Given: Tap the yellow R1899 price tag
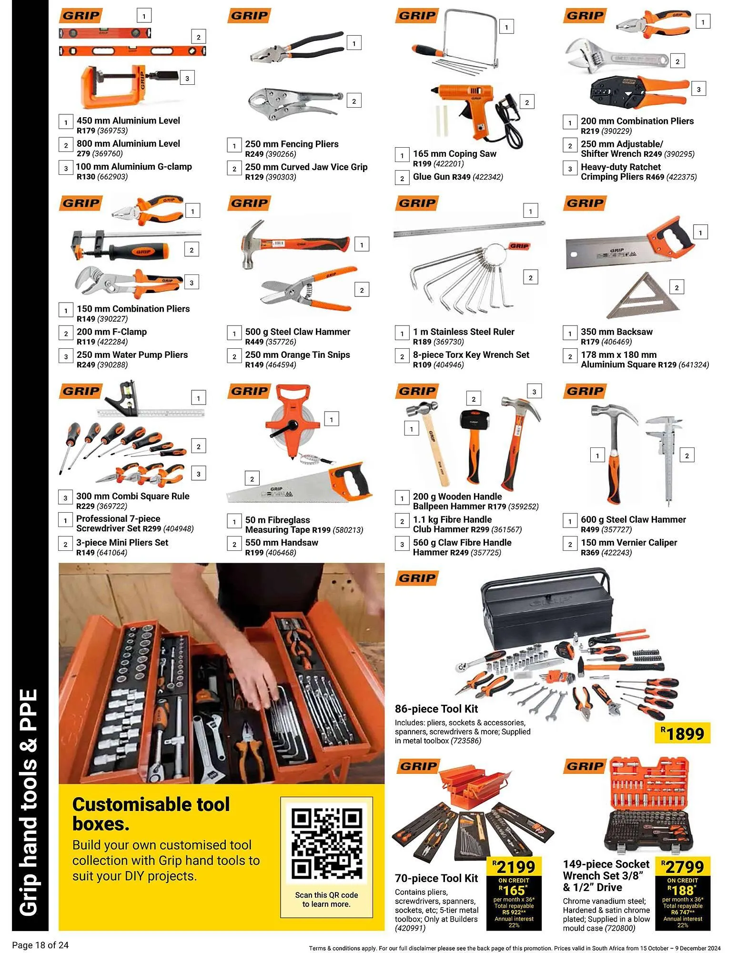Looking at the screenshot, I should pos(682,733).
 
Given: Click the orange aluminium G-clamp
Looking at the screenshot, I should pos(119,86).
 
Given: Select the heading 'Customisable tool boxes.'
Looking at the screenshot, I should pos(151,814).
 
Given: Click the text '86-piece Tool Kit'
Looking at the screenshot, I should pos(436,709).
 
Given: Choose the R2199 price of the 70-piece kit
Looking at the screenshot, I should pos(514,867).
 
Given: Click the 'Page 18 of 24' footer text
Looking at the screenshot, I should pos(40,945).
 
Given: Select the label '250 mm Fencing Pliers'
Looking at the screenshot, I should pos(292,144).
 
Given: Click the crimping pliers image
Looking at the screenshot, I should pos(638,90).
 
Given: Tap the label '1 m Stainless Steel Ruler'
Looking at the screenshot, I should pos(464,332).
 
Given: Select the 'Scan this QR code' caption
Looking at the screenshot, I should pos(326,900).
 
